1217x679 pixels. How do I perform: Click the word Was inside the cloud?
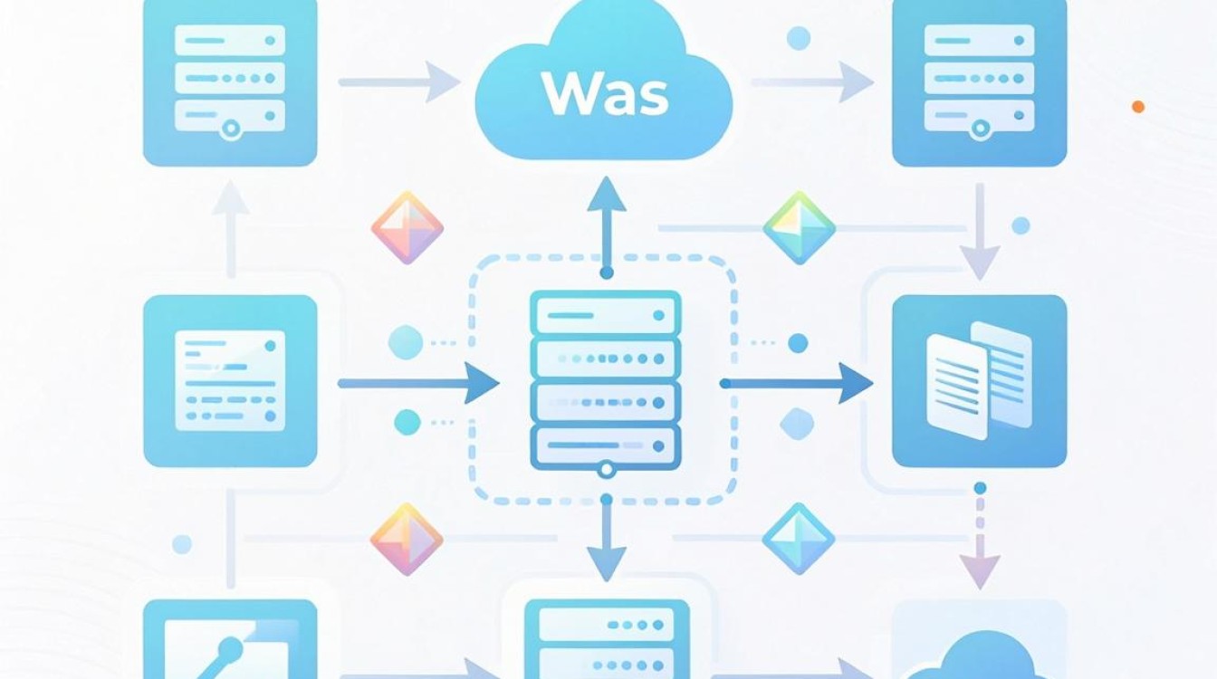(x=605, y=94)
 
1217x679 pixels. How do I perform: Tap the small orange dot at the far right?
(x=1138, y=107)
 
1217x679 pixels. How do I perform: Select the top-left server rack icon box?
(x=230, y=81)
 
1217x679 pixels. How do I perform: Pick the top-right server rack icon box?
(x=980, y=81)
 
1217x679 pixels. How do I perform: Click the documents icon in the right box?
(x=979, y=380)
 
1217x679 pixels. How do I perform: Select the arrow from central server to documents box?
(x=797, y=384)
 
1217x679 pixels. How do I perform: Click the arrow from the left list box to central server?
(x=418, y=384)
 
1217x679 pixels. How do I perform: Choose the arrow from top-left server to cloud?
(x=400, y=82)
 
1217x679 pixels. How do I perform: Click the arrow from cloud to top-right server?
(x=813, y=82)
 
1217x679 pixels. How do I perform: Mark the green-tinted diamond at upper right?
(x=800, y=227)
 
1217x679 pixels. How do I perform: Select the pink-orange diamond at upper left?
(x=407, y=227)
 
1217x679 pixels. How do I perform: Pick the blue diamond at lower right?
(x=798, y=539)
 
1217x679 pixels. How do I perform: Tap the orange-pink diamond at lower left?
(x=407, y=539)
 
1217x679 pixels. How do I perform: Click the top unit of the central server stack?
(x=605, y=314)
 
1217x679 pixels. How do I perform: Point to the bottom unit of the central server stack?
(x=605, y=446)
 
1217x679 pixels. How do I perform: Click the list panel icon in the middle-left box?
(x=230, y=380)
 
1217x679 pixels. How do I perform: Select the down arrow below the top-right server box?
(x=980, y=232)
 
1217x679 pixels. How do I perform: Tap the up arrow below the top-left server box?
(x=231, y=229)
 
